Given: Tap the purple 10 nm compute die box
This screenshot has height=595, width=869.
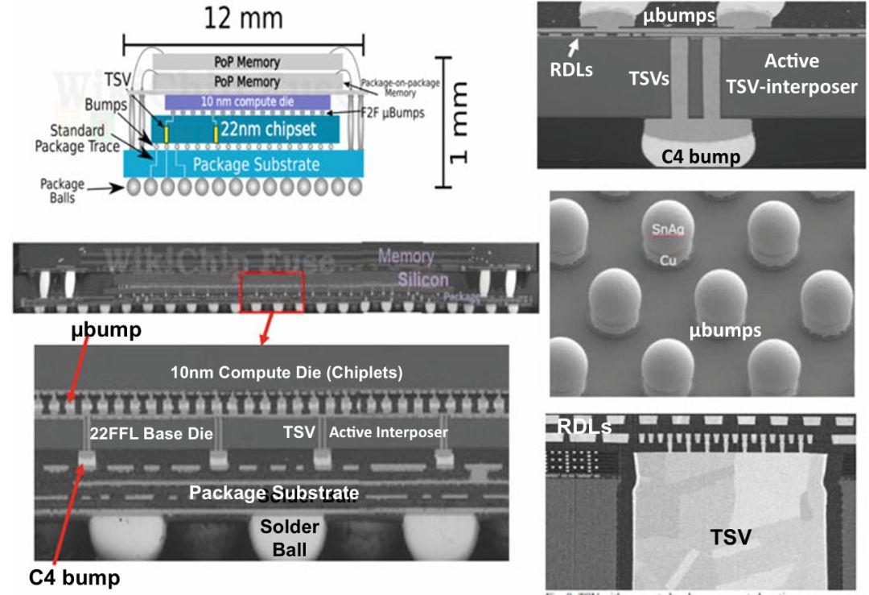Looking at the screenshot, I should (x=248, y=101).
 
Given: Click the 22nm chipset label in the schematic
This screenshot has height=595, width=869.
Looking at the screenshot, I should (x=273, y=130).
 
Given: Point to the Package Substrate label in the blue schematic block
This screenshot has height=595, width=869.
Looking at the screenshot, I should (x=256, y=164).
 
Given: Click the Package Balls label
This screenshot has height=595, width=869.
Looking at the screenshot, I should (x=62, y=189).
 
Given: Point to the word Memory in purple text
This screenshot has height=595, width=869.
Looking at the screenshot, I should (x=406, y=257).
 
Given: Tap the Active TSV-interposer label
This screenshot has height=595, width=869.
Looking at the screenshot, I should (x=792, y=73).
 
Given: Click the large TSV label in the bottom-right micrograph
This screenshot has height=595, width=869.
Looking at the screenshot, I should (x=730, y=537).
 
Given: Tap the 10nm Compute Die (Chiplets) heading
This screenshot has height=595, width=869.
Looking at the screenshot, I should (x=286, y=373).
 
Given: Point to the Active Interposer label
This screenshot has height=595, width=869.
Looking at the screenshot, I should (x=388, y=432).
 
